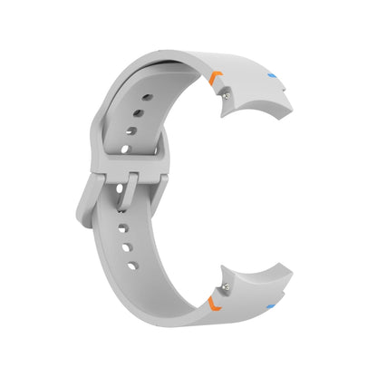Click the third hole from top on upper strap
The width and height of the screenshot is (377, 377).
coord(132,134)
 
